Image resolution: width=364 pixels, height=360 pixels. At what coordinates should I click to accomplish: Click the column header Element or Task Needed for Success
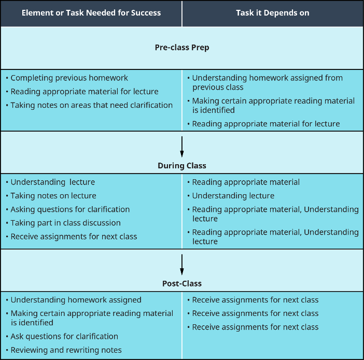pyautogui.click(x=91, y=13)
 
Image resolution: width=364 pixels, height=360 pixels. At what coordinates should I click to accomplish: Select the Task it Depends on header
pyautogui.click(x=272, y=13)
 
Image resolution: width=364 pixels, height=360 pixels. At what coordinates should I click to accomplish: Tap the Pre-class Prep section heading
pyautogui.click(x=182, y=47)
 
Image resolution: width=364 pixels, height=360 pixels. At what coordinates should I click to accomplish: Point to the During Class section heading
pyautogui.click(x=182, y=166)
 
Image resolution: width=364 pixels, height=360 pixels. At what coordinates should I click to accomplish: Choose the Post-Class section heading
pyautogui.click(x=182, y=283)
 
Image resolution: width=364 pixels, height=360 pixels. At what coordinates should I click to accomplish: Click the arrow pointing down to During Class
pyautogui.click(x=182, y=146)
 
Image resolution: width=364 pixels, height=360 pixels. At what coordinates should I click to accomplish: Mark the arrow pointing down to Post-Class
pyautogui.click(x=182, y=264)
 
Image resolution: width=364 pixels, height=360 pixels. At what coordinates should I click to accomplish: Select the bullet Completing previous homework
pyautogui.click(x=69, y=78)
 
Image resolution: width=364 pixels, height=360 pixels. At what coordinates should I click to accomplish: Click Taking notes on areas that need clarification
pyautogui.click(x=92, y=105)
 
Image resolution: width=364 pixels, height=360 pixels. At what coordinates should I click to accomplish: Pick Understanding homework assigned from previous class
pyautogui.click(x=267, y=82)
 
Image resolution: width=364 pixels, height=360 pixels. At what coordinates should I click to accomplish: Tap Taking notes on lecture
pyautogui.click(x=53, y=196)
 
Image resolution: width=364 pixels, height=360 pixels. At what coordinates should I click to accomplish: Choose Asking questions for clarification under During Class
pyautogui.click(x=70, y=209)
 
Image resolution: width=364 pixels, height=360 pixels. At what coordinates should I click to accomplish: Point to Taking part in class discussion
pyautogui.click(x=66, y=223)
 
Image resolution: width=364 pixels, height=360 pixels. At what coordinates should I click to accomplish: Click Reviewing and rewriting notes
pyautogui.click(x=66, y=350)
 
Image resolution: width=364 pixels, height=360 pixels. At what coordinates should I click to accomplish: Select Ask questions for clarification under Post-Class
pyautogui.click(x=64, y=336)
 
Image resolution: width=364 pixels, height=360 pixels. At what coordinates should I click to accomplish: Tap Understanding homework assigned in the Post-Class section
pyautogui.click(x=76, y=300)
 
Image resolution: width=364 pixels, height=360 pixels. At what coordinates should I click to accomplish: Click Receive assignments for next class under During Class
pyautogui.click(x=74, y=236)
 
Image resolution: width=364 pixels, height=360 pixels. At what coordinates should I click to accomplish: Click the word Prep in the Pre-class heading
pyautogui.click(x=200, y=47)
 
